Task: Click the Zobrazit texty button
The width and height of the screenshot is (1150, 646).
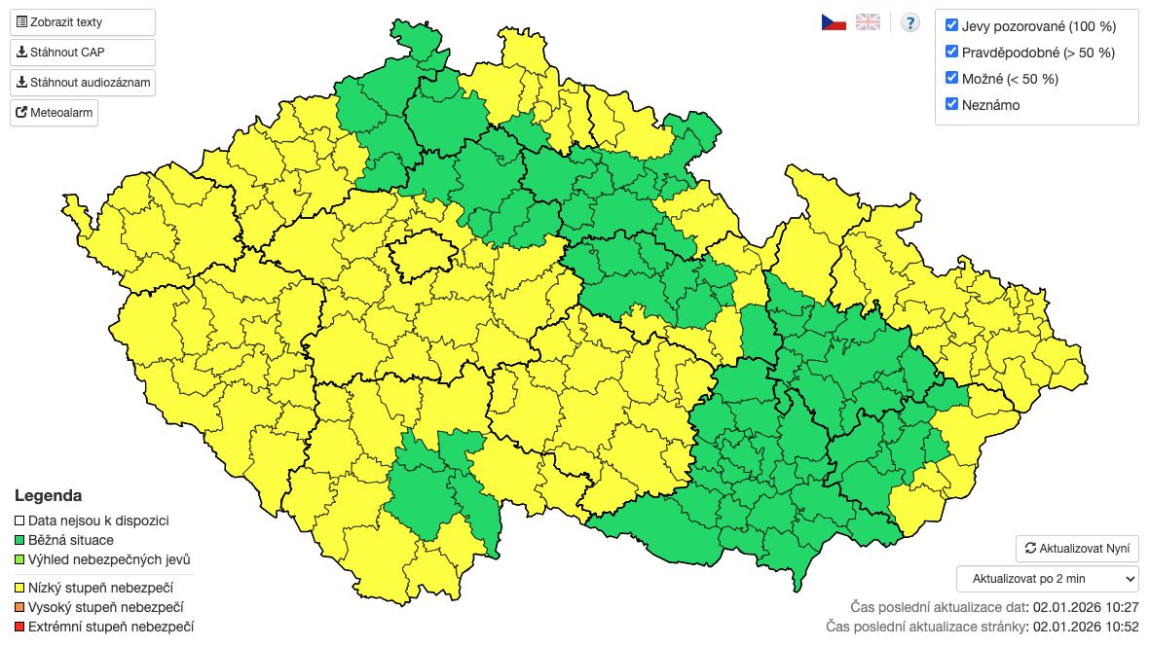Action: coord(83,21)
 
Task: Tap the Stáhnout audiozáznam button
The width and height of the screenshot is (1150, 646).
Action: coord(83,83)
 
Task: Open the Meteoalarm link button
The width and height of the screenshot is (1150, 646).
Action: coord(55,113)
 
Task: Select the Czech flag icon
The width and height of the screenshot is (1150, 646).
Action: coord(833,22)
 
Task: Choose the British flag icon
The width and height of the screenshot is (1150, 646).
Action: coord(868,22)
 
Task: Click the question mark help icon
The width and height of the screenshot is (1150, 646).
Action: coord(909,22)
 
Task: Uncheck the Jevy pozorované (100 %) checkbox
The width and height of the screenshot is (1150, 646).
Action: coord(952,25)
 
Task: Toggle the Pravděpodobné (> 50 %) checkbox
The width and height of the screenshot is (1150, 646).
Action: coord(952,52)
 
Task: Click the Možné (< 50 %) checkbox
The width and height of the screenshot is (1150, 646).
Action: coord(952,78)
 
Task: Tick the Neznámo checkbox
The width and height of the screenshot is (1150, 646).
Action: coord(952,104)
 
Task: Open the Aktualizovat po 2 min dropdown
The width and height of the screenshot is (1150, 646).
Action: coord(1047,578)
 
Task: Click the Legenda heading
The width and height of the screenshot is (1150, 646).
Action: coord(48,496)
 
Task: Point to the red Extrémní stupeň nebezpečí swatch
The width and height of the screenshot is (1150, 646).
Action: coord(19,626)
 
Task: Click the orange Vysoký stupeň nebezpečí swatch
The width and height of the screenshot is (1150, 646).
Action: coord(19,607)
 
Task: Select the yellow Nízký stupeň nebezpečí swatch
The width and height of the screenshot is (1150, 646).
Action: coord(19,588)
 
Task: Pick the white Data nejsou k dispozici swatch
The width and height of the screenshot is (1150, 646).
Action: coord(19,521)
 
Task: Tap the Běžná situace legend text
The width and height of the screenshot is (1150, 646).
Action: coord(70,540)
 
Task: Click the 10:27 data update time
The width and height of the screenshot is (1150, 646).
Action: coord(1121,606)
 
